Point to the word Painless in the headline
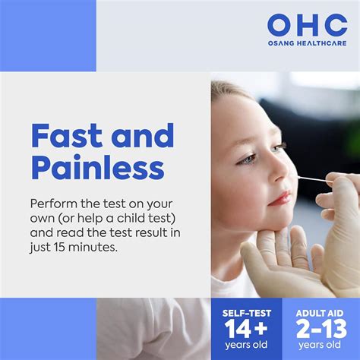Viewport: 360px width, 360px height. [96, 168]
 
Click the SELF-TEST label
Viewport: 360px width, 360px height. [244, 313]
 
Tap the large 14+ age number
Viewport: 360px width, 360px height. [244, 329]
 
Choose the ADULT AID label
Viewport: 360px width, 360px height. [320, 313]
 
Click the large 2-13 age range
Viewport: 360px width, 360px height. [320, 329]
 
